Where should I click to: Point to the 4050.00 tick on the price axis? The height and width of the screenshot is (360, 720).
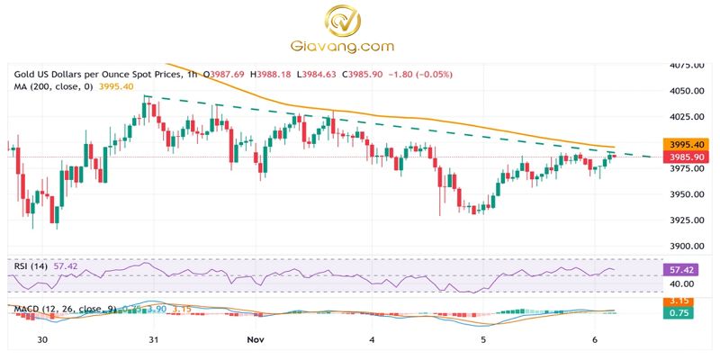(686, 91)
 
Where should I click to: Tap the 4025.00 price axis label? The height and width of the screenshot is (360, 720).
(686, 117)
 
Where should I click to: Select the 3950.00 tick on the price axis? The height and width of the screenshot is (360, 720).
(686, 194)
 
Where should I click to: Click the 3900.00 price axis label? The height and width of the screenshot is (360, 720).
(686, 246)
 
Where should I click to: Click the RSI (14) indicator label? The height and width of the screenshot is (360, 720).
(31, 267)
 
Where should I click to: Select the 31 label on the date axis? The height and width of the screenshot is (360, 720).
(153, 340)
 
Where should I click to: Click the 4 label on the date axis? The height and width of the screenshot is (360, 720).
(373, 340)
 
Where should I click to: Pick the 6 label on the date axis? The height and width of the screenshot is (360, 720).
(594, 340)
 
